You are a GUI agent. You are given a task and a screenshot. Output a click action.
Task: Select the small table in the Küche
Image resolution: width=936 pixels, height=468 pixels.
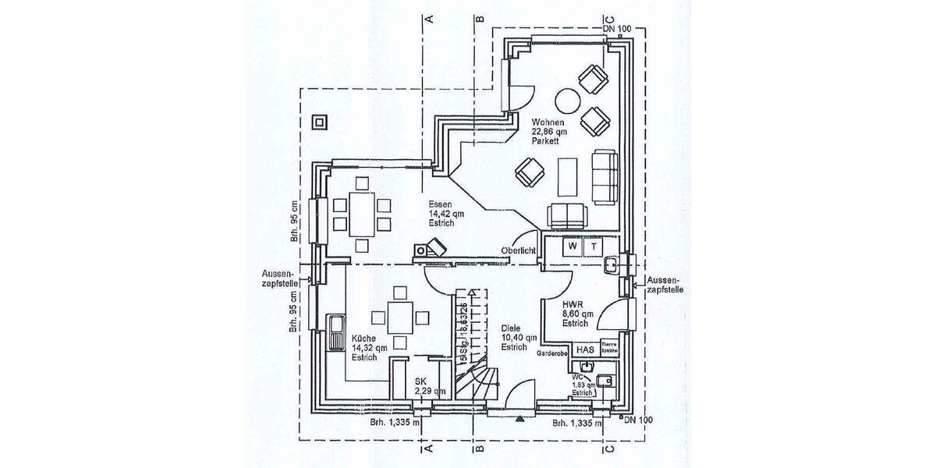point(399,317)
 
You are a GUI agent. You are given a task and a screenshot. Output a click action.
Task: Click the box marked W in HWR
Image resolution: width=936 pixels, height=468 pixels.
point(573,246)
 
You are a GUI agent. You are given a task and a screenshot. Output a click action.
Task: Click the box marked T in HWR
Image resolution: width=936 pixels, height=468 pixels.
point(594,246)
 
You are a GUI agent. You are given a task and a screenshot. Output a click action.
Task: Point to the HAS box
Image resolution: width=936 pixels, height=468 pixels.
point(584,351)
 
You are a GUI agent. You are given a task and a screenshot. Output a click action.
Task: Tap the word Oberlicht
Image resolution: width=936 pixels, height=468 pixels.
point(518,250)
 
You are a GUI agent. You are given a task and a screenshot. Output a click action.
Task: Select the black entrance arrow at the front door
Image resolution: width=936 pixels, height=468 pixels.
point(519,418)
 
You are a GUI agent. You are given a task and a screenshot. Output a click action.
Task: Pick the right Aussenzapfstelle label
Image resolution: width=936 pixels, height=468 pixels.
point(665,284)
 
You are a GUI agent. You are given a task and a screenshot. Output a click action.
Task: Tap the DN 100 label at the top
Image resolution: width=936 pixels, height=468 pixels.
point(617,29)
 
